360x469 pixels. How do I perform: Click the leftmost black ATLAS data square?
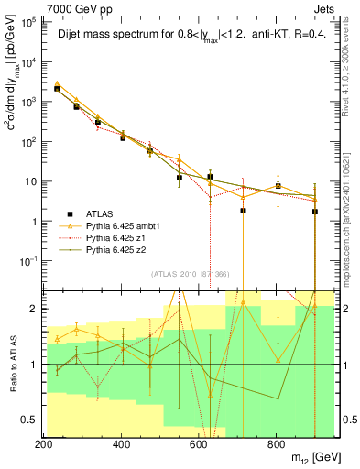(x=57, y=89)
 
